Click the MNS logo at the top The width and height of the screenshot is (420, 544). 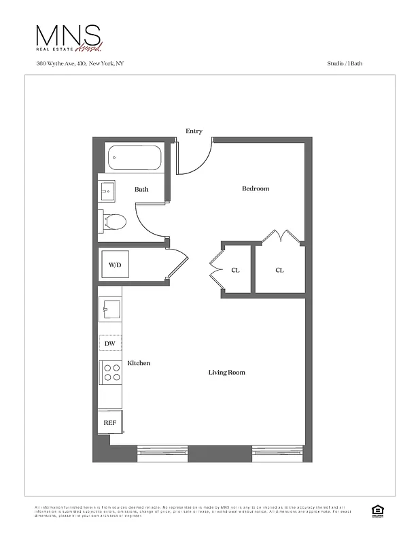click(69, 37)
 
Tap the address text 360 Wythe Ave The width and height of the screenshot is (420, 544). click(80, 63)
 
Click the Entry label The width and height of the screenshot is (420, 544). click(194, 131)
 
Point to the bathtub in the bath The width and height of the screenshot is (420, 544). click(133, 158)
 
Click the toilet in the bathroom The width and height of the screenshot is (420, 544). click(113, 221)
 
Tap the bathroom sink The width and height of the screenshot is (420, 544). click(107, 191)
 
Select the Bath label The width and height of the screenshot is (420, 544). click(141, 190)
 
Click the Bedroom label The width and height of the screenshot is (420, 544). click(256, 188)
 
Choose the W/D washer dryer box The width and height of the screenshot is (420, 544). click(115, 265)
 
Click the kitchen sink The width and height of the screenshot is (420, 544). click(109, 309)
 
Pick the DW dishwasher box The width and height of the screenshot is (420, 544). click(109, 344)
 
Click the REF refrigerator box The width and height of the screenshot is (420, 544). click(109, 422)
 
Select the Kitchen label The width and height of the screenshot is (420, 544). click(139, 363)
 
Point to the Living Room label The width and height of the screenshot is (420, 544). click(226, 373)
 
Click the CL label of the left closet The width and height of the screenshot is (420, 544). click(235, 270)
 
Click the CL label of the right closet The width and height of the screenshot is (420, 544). click(279, 270)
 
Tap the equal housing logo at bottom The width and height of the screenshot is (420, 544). click(375, 511)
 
